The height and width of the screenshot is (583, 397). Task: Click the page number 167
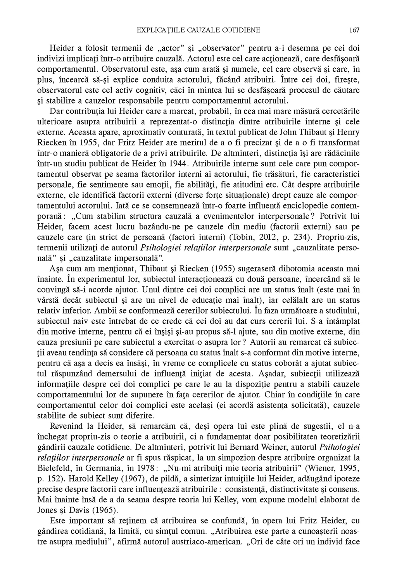tap(354, 30)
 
